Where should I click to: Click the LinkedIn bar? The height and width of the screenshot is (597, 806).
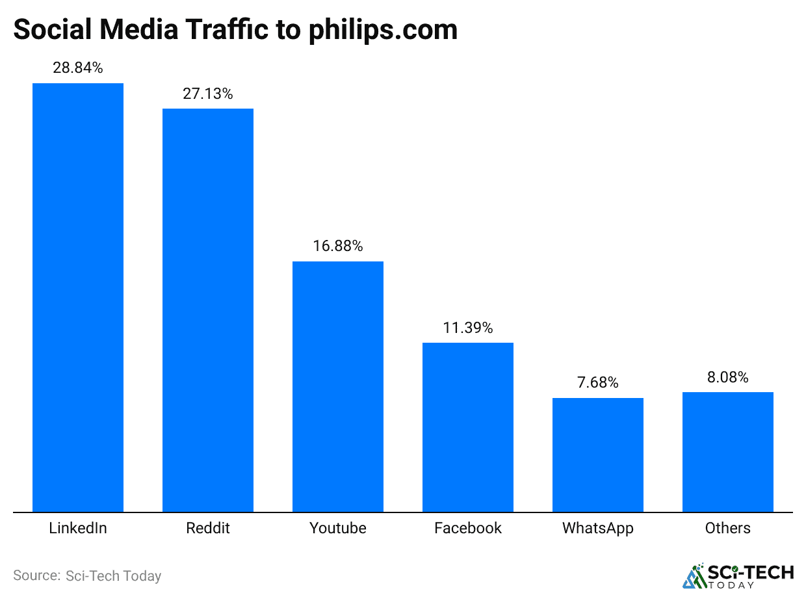click(78, 297)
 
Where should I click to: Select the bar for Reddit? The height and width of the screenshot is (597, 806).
click(208, 310)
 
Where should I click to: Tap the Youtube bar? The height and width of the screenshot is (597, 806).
click(338, 386)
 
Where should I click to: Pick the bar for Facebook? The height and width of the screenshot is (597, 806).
click(468, 427)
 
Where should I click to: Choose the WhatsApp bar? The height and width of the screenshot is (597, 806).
click(598, 455)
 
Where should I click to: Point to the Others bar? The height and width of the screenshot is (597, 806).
click(728, 452)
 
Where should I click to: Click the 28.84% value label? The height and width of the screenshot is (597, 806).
click(78, 68)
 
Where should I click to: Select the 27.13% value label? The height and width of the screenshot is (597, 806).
click(208, 94)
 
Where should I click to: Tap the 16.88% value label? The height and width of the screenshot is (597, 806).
click(338, 246)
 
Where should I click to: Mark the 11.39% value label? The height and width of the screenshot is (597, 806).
click(468, 328)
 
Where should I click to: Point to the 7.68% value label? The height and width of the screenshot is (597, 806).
click(598, 383)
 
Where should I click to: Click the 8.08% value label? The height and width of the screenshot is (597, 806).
click(728, 377)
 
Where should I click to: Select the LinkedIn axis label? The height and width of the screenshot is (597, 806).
click(78, 528)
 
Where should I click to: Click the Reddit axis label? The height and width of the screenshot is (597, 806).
click(208, 528)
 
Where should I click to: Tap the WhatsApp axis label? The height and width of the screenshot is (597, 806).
click(598, 528)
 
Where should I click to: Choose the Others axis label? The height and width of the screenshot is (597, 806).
click(728, 528)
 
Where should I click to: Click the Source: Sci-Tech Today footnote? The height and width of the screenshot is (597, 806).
click(87, 576)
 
